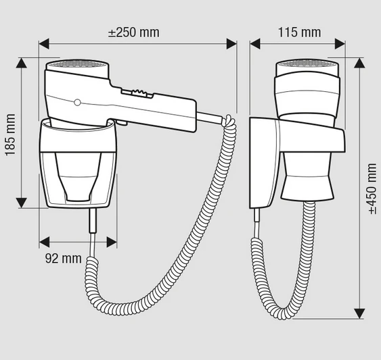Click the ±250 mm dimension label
134,32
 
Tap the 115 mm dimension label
299,32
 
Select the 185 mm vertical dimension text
10,134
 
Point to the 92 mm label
64,259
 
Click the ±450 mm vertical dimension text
372,188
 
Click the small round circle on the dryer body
77,103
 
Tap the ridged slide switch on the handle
137,93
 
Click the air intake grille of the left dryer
77,64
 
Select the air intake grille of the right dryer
307,64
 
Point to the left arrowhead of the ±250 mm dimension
44,44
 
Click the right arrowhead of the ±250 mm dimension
231,44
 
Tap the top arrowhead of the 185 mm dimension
22,63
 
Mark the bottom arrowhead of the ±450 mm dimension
359,313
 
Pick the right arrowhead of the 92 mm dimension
112,242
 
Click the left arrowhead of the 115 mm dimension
255,44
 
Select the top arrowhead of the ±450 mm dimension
359,63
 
